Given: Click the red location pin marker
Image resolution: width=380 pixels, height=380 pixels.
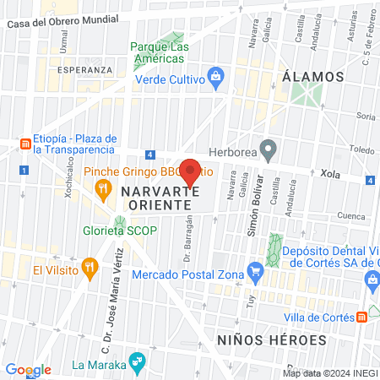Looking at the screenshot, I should click(x=191, y=171).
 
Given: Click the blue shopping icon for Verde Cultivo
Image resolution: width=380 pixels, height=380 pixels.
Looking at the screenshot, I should click(x=216, y=79).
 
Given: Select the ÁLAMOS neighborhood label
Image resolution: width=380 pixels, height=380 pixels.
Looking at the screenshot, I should click(x=313, y=76).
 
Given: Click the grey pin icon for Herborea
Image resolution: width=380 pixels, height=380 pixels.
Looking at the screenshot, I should click(x=269, y=150).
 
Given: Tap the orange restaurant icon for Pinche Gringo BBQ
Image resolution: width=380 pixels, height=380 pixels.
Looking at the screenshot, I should click(x=105, y=188).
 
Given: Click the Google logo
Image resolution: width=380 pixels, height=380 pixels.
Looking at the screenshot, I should click(x=28, y=370).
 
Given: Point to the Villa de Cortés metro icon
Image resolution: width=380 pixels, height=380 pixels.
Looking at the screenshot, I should click(x=362, y=317).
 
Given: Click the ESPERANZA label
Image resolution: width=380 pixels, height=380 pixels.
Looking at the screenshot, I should click(x=84, y=69).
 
